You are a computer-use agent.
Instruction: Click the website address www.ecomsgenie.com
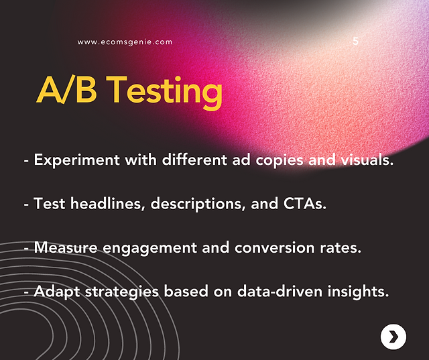pos(125,42)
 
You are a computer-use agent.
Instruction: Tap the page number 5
pos(355,42)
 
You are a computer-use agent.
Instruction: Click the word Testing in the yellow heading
pos(164,92)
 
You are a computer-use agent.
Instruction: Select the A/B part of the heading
pos(66,89)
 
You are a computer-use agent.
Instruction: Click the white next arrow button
pos(393,337)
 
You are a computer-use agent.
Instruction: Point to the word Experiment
pos(77,160)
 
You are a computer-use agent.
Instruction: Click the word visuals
pos(367,160)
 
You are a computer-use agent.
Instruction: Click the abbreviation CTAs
pos(305,204)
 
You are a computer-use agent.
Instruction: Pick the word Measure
pos(66,247)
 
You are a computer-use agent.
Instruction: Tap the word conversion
pos(274,247)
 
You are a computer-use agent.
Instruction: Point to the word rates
pos(341,248)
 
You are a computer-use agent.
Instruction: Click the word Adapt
pos(56,292)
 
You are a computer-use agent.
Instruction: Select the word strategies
pos(122,292)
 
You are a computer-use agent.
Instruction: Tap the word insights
pos(358,292)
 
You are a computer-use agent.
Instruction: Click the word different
pos(194,160)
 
